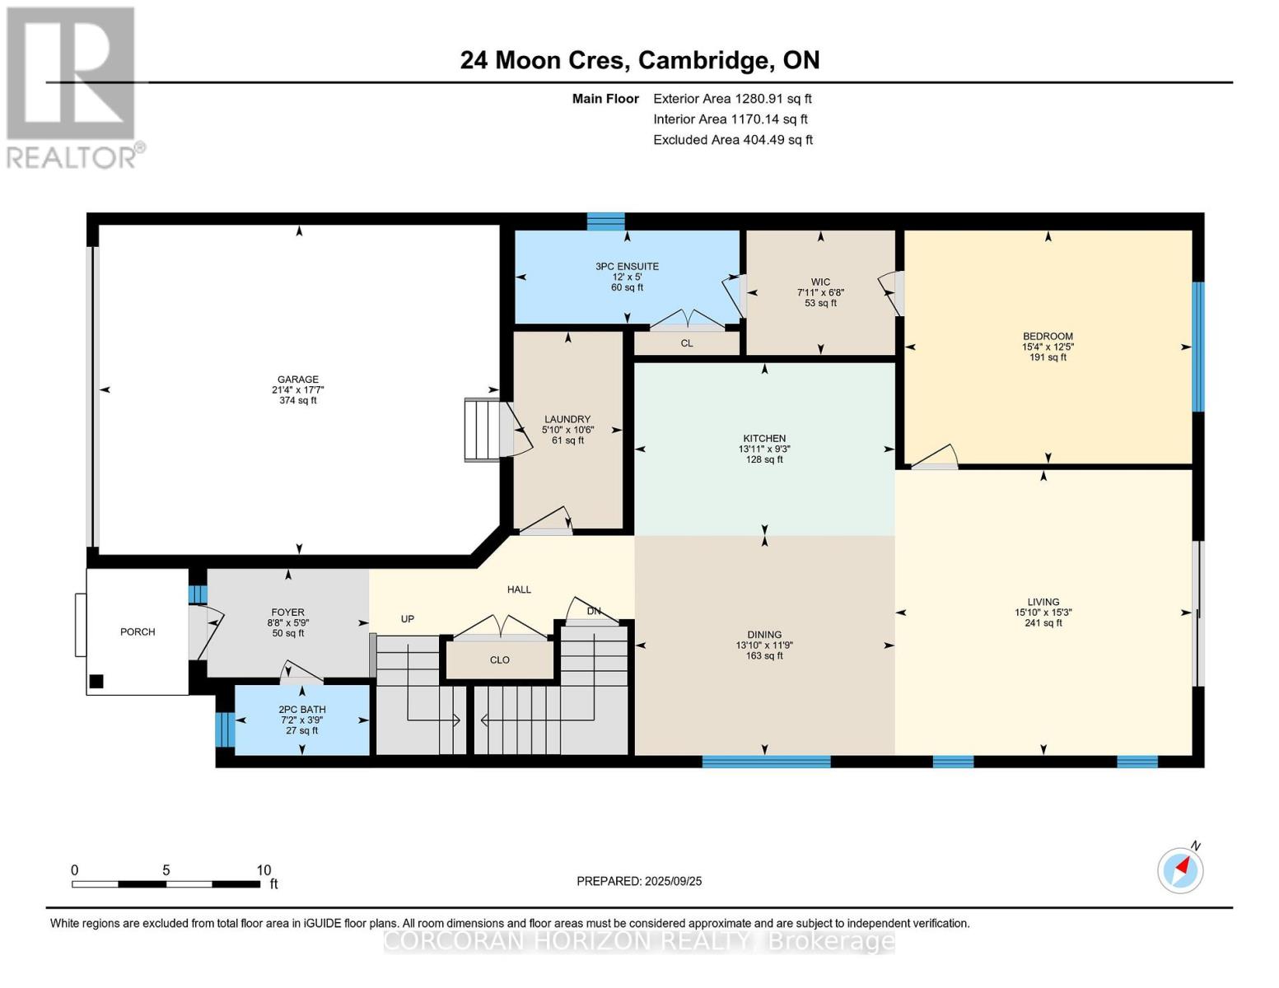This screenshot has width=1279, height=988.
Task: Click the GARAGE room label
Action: (x=297, y=380)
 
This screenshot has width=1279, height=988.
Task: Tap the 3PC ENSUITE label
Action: (x=627, y=267)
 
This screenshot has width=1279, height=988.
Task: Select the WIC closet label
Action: (x=820, y=282)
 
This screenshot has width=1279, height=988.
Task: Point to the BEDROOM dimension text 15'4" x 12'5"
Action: (x=1048, y=347)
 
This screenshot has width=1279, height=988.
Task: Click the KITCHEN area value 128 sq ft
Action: (x=764, y=459)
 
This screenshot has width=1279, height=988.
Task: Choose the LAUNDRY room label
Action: (x=567, y=419)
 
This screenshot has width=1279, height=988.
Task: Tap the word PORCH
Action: (x=138, y=632)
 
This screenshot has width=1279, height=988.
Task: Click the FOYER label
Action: (x=287, y=613)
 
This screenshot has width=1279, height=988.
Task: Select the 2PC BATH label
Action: (x=301, y=710)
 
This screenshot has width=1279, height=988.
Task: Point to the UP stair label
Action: (x=407, y=619)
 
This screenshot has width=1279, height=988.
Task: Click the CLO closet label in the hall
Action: (x=499, y=660)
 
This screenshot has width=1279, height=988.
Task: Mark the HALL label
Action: (x=519, y=590)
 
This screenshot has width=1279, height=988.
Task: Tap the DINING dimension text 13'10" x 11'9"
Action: (x=764, y=645)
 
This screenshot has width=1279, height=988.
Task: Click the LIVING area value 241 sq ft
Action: (x=1043, y=623)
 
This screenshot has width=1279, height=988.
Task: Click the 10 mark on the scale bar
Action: (x=264, y=870)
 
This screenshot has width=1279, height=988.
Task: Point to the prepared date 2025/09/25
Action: (x=673, y=881)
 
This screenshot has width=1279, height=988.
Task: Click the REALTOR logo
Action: (x=72, y=86)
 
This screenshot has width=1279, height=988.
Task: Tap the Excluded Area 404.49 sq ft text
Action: (x=732, y=140)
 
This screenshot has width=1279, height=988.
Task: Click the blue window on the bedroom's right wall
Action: (x=1198, y=347)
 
